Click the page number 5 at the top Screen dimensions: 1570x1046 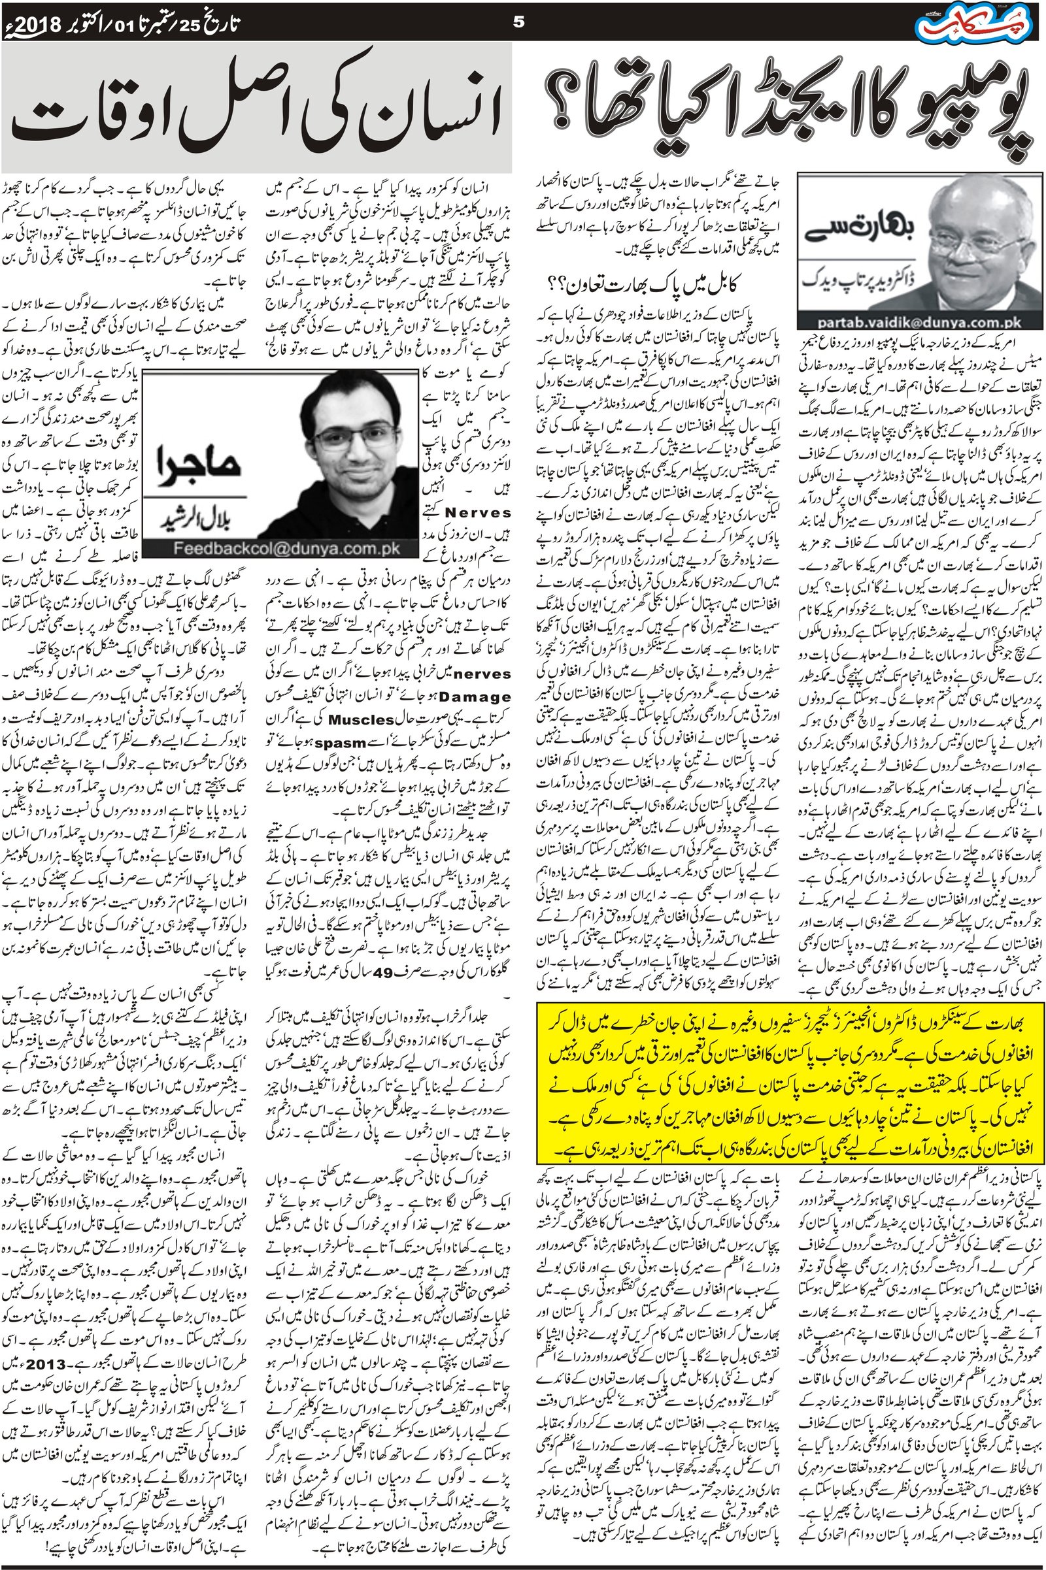[519, 22]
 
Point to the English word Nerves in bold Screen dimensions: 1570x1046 [479, 512]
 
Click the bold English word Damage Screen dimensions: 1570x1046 [477, 696]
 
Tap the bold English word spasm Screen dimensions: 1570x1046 [341, 742]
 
